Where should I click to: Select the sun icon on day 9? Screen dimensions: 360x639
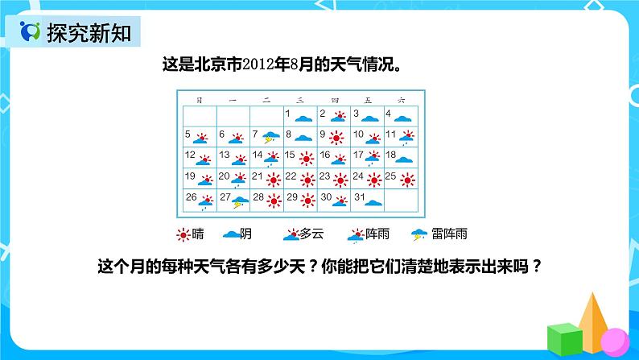tap(336, 136)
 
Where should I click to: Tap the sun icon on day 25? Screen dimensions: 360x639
tap(407, 178)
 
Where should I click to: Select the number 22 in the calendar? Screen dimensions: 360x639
tap(291, 176)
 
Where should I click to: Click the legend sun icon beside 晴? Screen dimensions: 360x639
tap(184, 234)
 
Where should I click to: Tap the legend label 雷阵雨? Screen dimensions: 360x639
tap(449, 234)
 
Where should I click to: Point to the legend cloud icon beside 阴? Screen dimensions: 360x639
tap(231, 234)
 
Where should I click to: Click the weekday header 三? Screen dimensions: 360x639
tap(300, 100)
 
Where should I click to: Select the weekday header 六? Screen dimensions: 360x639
tap(401, 100)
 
